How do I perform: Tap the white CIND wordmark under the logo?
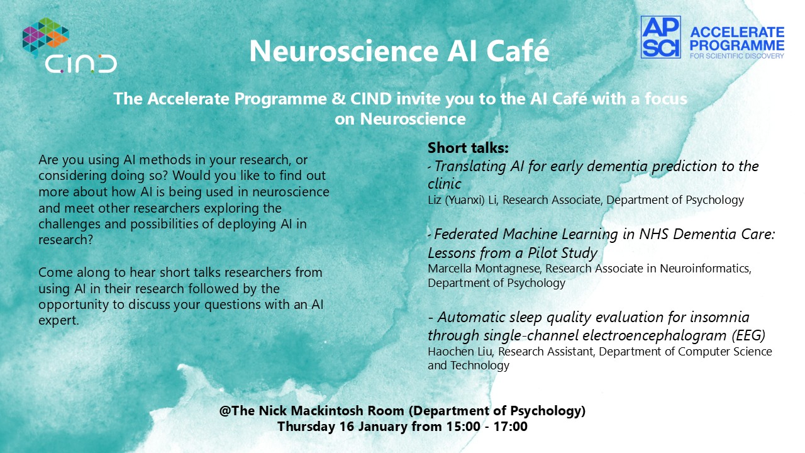81,64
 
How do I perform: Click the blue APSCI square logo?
660,37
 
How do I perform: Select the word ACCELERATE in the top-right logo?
737,32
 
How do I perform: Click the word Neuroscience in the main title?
344,51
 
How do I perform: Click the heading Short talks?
468,148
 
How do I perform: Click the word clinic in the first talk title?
444,184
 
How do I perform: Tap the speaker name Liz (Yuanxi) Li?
462,200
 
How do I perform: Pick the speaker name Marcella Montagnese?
484,269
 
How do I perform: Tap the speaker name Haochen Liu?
460,351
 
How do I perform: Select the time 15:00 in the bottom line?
464,427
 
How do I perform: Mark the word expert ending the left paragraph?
58,320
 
